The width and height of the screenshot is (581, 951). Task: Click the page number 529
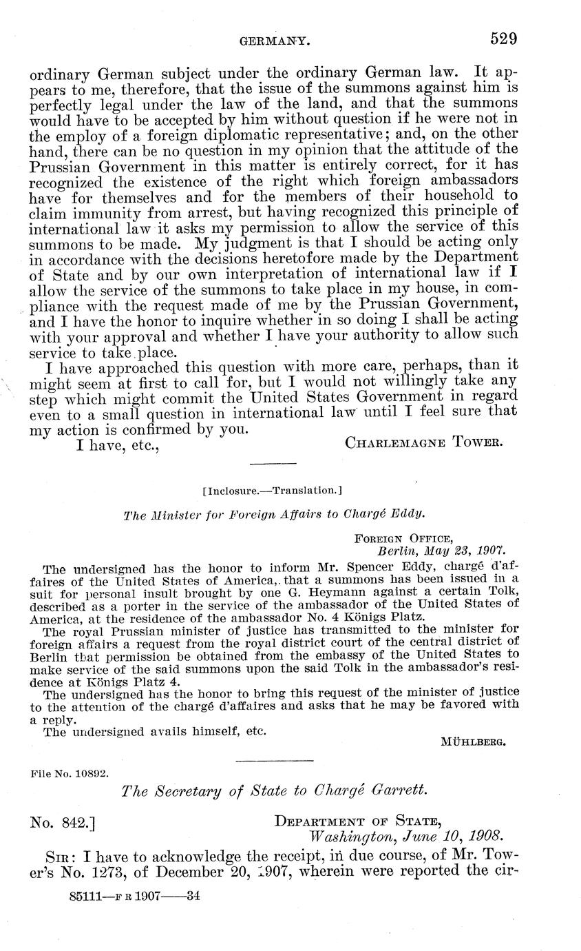(503, 39)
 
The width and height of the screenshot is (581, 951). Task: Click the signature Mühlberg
(473, 742)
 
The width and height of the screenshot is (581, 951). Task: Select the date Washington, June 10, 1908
(406, 837)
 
